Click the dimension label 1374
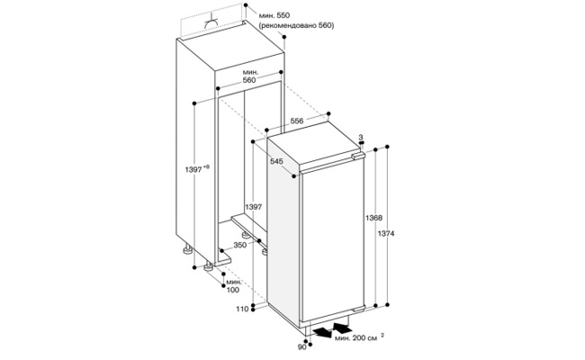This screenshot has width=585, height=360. coord(386,234)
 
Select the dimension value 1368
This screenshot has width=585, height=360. coord(373,218)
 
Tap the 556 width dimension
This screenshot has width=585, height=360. coord(297,121)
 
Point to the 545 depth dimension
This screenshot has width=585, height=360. coord(277,161)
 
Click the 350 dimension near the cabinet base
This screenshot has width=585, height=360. coord(240,245)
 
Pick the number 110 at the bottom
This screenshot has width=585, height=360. coord(242,309)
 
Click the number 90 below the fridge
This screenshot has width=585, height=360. coord(302,347)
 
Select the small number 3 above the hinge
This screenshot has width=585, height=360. coord(361,138)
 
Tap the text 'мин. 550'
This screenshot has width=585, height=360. coord(274,15)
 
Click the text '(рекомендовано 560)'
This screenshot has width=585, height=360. coord(296,25)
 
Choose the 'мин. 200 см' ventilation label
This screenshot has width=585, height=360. coord(356,338)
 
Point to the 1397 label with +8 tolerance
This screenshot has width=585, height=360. coord(197,169)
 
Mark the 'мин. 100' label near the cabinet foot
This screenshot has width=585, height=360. coord(233,286)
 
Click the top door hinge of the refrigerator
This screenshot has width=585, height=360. coord(358,156)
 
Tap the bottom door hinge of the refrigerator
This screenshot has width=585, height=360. coord(358,310)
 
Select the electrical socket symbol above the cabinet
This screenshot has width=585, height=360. coord(211,24)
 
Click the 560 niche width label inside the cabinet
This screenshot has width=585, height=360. coord(248,80)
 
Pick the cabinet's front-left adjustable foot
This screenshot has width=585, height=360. coord(208,265)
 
